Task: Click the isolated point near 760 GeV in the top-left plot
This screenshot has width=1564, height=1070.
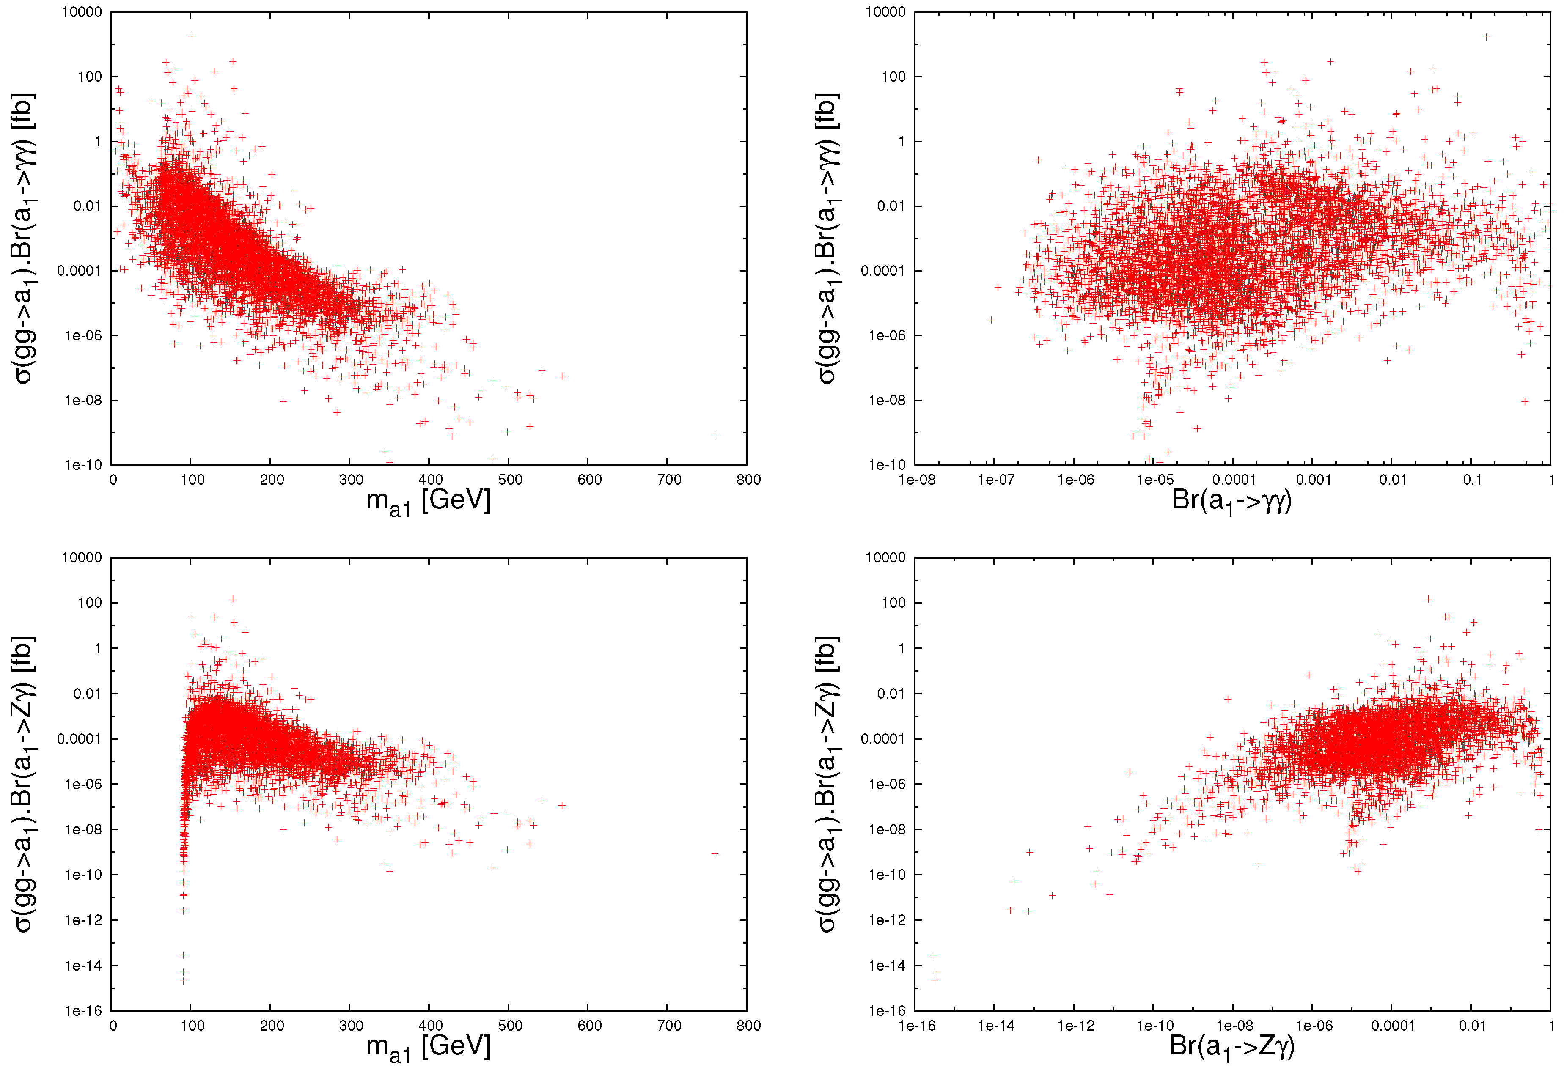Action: [715, 436]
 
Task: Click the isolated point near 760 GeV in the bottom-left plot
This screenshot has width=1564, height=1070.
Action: [715, 853]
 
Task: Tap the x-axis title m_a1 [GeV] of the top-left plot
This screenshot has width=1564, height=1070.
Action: [429, 501]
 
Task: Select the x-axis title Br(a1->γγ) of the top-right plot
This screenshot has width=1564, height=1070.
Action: [1231, 501]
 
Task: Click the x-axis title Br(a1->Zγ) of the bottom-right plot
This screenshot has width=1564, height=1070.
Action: [1231, 1046]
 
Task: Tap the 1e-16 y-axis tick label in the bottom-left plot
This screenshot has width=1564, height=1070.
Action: [83, 1011]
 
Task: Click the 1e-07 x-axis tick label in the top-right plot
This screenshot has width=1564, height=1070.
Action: [996, 480]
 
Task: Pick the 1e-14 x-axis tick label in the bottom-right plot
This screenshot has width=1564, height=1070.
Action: [996, 1026]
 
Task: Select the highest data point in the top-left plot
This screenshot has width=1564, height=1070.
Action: [192, 37]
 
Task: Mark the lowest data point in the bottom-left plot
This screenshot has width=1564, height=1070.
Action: [183, 981]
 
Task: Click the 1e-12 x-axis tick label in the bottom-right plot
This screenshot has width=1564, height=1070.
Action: [1075, 1026]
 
